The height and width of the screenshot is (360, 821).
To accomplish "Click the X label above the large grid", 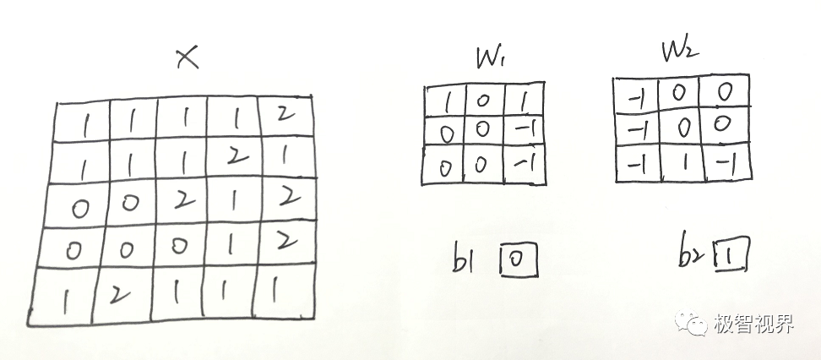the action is pos(186,58).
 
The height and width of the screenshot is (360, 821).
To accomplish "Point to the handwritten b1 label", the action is pos(467,260).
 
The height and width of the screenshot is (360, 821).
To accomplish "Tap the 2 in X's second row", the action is pos(234,155).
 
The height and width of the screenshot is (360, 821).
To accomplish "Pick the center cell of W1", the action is pos(481,130).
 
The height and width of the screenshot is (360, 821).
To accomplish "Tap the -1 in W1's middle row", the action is pos(525,130).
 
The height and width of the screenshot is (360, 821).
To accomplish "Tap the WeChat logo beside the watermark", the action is pos(696,325).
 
